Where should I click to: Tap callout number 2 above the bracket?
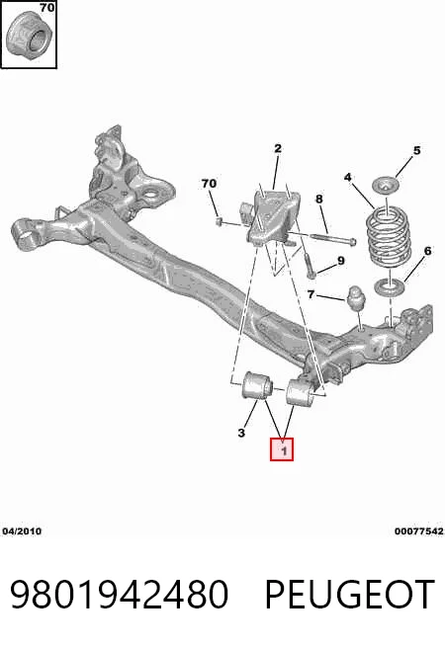278,148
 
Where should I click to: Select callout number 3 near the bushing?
241,433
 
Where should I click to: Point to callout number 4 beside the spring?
348,178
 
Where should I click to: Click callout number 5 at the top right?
416,150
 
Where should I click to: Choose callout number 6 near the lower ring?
427,251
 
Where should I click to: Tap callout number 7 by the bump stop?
311,295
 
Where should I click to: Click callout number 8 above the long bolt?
319,200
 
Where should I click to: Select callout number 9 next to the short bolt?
340,261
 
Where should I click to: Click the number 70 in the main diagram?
209,183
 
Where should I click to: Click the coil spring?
389,236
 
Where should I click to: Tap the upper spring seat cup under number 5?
387,184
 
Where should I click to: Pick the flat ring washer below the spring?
389,285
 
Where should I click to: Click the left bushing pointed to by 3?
256,385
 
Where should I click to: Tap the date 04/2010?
22,531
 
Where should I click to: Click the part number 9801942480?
120,594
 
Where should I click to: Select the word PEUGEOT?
350,594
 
